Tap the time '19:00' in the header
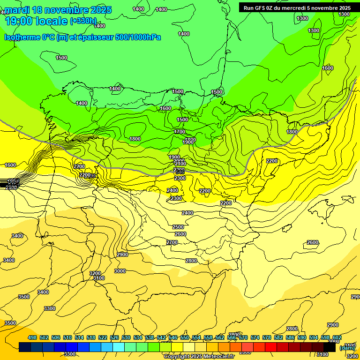tap(19, 21)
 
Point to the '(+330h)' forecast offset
tap(83, 21)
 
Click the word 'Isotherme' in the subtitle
tap(22, 37)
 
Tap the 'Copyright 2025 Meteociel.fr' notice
tap(199, 357)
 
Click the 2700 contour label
tap(172, 242)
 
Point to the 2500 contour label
tap(178, 227)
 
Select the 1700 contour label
tap(180, 132)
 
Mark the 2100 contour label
tap(180, 164)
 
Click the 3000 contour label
tap(120, 271)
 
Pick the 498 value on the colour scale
tap(32, 337)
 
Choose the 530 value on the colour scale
tap(126, 337)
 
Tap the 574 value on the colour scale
tap(255, 337)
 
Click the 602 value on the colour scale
tap(337, 337)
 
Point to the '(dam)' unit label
tap(347, 347)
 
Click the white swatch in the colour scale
tap(189, 347)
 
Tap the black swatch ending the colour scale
tap(330, 347)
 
